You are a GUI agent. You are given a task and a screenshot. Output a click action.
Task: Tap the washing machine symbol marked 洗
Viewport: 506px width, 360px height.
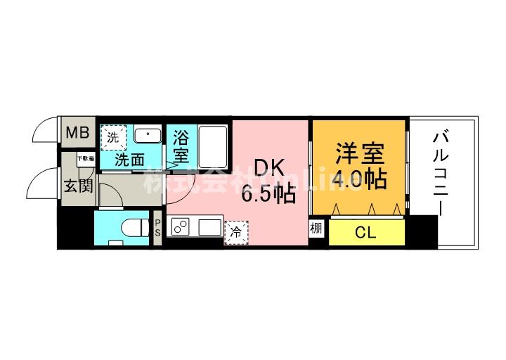113,135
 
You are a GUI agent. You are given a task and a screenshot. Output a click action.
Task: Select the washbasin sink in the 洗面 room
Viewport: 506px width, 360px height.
147,136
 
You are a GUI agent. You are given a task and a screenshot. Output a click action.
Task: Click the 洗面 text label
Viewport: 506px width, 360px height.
129,160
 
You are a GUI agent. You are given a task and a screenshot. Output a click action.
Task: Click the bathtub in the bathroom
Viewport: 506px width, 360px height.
212,145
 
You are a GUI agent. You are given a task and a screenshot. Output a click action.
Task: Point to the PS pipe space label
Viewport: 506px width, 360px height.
158,229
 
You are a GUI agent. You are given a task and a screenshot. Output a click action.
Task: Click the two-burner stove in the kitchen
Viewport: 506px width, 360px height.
181,227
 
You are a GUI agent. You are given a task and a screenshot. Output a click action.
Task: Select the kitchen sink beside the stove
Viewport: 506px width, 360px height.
209,227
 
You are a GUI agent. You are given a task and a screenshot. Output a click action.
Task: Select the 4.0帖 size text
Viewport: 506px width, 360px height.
358,179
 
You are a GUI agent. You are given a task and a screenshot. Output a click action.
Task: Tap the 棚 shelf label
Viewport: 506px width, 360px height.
317,229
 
